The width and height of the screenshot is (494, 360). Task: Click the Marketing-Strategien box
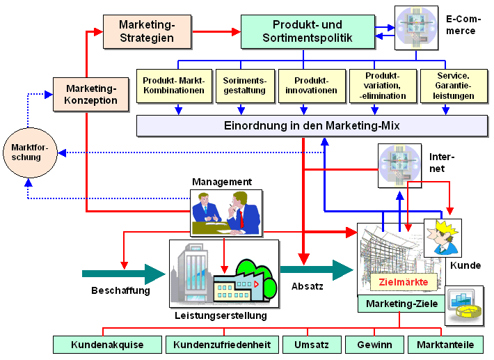pyautogui.click(x=146, y=32)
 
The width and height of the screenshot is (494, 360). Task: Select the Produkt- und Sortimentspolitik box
pyautogui.click(x=307, y=32)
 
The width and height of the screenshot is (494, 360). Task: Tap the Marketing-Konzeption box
pyautogui.click(x=91, y=95)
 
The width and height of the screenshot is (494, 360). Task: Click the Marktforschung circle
pyautogui.click(x=26, y=152)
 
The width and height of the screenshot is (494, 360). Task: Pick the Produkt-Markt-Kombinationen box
pyautogui.click(x=173, y=85)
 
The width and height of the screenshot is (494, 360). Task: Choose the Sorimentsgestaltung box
pyautogui.click(x=241, y=85)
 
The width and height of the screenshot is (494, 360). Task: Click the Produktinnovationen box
pyautogui.click(x=310, y=85)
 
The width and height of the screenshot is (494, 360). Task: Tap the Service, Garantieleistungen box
pyautogui.click(x=453, y=85)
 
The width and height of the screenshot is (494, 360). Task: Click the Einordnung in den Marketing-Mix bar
pyautogui.click(x=312, y=125)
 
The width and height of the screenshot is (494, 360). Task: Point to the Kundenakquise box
pyautogui.click(x=107, y=345)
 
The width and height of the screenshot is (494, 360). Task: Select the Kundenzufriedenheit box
pyautogui.click(x=221, y=345)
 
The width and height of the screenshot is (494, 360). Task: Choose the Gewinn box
pyautogui.click(x=374, y=345)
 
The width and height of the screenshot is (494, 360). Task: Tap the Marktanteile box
pyautogui.click(x=445, y=345)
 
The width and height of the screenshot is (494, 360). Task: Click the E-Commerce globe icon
pyautogui.click(x=417, y=28)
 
